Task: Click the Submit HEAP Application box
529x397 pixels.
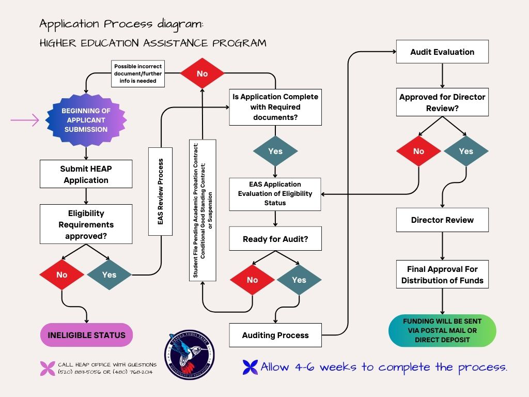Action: (86, 174)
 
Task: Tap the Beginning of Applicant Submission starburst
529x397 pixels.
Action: (86, 120)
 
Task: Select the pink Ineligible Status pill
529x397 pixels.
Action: (86, 335)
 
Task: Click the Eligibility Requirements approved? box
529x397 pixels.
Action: (86, 224)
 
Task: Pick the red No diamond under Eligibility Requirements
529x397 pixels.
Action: (62, 274)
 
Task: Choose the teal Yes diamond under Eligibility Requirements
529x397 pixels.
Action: (109, 274)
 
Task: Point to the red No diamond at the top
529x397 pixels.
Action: (202, 74)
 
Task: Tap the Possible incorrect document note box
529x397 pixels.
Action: (138, 74)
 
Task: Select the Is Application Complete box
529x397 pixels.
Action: (275, 108)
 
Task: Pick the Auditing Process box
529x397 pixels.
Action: (275, 335)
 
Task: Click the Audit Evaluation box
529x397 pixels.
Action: (442, 52)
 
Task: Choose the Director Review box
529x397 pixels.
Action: (442, 220)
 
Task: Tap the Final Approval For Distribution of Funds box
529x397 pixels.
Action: (442, 275)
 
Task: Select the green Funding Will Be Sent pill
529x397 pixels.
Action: (442, 330)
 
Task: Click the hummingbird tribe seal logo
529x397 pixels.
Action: (189, 355)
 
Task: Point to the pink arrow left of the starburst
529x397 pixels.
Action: (25, 120)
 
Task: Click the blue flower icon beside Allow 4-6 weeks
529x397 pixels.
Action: (250, 367)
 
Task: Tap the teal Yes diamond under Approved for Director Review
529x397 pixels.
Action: (466, 151)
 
